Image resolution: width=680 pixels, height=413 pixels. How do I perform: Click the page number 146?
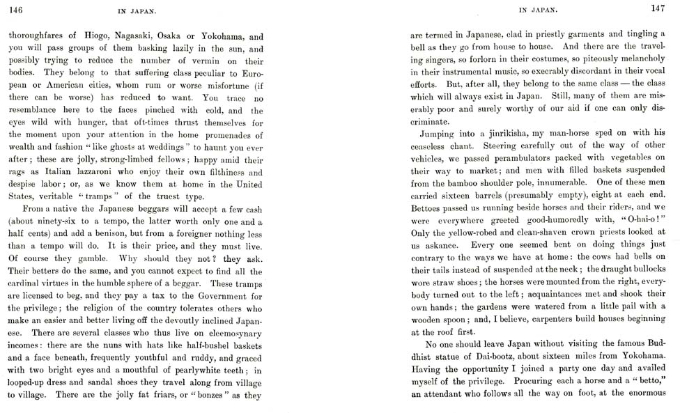pyautogui.click(x=15, y=9)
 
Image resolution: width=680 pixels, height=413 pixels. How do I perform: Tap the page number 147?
pyautogui.click(x=658, y=8)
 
